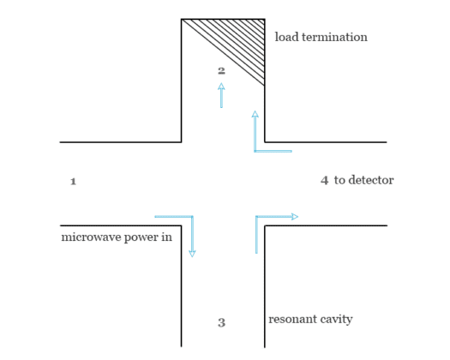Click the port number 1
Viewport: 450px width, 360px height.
(x=73, y=182)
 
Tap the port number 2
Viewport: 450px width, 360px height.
(x=221, y=70)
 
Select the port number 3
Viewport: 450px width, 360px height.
(x=221, y=323)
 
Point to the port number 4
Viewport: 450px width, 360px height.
(x=324, y=181)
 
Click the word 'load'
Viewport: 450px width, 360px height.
(x=286, y=38)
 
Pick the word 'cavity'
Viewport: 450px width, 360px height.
(x=337, y=320)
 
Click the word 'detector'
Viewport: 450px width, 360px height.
(x=371, y=181)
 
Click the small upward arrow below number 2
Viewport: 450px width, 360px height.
(x=221, y=87)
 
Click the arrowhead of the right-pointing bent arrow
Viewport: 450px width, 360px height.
(x=294, y=217)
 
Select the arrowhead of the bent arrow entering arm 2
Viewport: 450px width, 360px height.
(x=255, y=114)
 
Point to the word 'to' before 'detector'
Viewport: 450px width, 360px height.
(x=340, y=181)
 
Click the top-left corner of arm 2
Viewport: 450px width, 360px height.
(x=182, y=19)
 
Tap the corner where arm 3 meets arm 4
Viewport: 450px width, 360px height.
(x=265, y=225)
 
